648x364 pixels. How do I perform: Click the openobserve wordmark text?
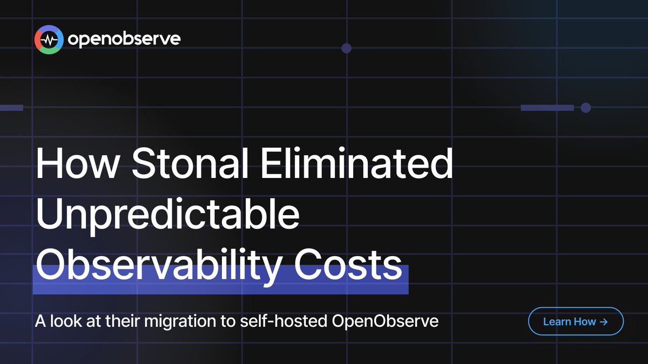coord(124,39)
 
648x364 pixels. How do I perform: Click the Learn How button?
coord(576,322)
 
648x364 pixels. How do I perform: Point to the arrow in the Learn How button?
coord(604,322)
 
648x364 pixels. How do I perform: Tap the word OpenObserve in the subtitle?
coord(386,322)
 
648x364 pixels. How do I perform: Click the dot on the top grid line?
coord(347,49)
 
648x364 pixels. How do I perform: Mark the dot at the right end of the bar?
coord(585,108)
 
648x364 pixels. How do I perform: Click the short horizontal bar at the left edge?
coord(11,108)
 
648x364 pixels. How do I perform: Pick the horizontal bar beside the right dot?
coord(547,108)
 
